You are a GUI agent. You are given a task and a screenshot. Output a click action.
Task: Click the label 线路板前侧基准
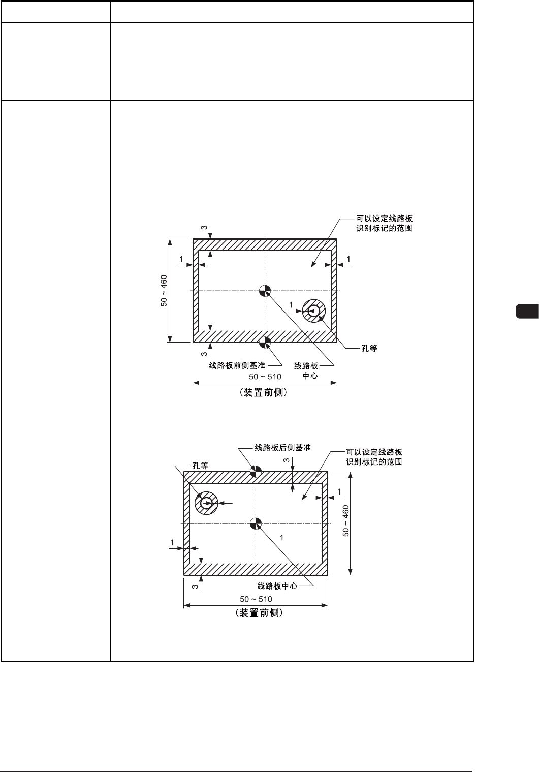click(x=237, y=365)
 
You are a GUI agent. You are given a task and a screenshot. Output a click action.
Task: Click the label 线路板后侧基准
click(x=282, y=448)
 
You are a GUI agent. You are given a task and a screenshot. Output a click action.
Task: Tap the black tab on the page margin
click(x=527, y=311)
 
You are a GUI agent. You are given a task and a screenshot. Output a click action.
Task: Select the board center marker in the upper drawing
click(x=265, y=291)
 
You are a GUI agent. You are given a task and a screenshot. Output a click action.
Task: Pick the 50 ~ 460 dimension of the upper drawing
click(x=164, y=291)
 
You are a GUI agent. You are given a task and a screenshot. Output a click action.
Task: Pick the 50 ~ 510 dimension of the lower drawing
click(x=256, y=599)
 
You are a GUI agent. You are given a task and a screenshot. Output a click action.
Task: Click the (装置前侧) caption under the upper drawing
click(x=265, y=393)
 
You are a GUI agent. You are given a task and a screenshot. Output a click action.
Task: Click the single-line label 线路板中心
click(x=277, y=585)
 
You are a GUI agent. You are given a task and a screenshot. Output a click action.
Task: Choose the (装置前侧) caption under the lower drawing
click(x=256, y=613)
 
